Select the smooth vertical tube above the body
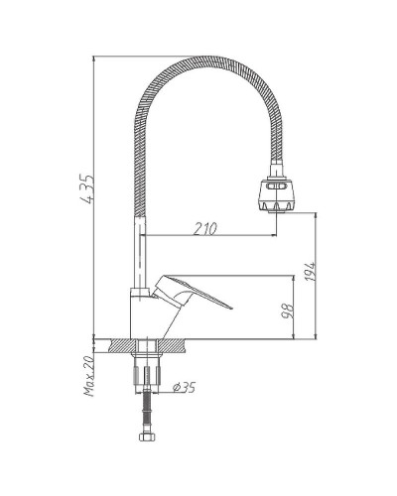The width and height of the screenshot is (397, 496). tap(140, 248)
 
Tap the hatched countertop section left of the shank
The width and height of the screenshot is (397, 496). tap(117, 347)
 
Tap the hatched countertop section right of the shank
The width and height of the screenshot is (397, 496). tap(173, 347)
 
